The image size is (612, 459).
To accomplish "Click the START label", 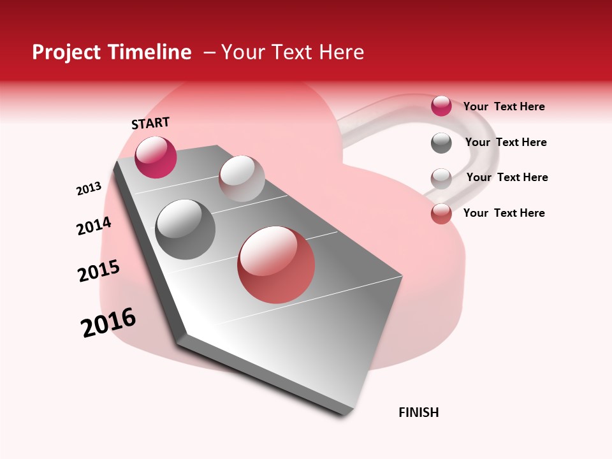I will pyautogui.click(x=150, y=123).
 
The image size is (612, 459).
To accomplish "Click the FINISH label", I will pyautogui.click(x=418, y=412).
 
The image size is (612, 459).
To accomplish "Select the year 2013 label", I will pyautogui.click(x=89, y=189).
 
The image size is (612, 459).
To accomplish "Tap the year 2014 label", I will pyautogui.click(x=94, y=226).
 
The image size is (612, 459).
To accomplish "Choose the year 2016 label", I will pyautogui.click(x=108, y=323).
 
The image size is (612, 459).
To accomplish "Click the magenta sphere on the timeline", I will pyautogui.click(x=156, y=157).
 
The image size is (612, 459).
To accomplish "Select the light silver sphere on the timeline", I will pyautogui.click(x=242, y=178).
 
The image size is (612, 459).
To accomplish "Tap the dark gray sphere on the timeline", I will pyautogui.click(x=185, y=229).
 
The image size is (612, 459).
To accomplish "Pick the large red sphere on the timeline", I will pyautogui.click(x=276, y=265).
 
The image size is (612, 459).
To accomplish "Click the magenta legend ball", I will pyautogui.click(x=441, y=106).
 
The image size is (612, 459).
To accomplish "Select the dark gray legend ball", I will pyautogui.click(x=441, y=143).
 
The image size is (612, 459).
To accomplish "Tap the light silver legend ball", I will pyautogui.click(x=441, y=178).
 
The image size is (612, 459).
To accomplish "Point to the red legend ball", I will pyautogui.click(x=441, y=214).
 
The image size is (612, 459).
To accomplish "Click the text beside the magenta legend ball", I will pyautogui.click(x=504, y=106).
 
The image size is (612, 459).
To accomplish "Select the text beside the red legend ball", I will pyautogui.click(x=504, y=213).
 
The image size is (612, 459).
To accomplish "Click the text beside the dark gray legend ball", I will pyautogui.click(x=506, y=142).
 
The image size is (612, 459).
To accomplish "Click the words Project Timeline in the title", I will pyautogui.click(x=112, y=52).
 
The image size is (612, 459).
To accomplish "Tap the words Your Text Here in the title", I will pyautogui.click(x=293, y=52).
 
